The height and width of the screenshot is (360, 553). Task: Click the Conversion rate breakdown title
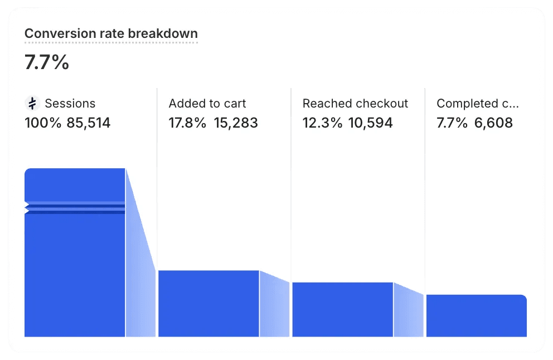click(111, 33)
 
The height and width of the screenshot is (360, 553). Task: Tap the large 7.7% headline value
click(47, 62)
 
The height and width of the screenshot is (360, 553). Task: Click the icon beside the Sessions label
click(32, 103)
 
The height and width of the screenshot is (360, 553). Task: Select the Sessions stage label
click(70, 104)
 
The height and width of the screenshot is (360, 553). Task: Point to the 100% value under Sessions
click(43, 123)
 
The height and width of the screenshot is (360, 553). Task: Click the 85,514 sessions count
click(89, 123)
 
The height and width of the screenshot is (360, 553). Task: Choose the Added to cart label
click(207, 104)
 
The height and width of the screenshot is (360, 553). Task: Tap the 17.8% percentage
click(188, 123)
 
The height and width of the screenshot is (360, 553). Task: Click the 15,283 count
click(236, 123)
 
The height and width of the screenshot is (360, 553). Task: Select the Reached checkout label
click(355, 104)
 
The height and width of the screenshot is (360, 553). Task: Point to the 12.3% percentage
click(322, 123)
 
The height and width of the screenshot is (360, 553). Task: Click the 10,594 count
click(371, 123)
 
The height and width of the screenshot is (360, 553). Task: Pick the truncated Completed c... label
click(478, 104)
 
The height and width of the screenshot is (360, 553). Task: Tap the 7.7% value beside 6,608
click(452, 123)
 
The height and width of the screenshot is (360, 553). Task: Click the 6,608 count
click(493, 123)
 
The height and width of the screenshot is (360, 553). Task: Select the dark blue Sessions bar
click(75, 267)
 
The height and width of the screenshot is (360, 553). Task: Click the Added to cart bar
click(208, 304)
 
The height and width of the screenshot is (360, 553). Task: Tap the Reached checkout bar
click(342, 310)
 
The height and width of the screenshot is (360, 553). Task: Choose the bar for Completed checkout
click(476, 316)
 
